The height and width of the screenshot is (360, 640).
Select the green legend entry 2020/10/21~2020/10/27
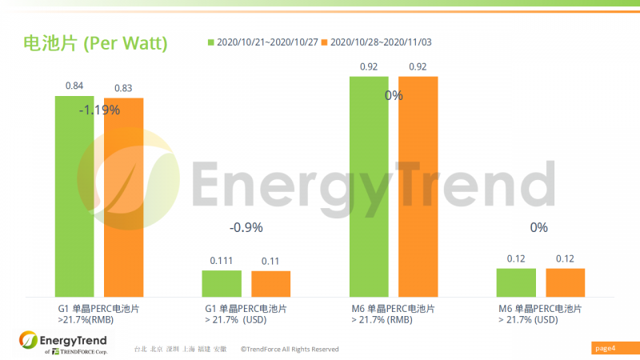pyautogui.click(x=259, y=42)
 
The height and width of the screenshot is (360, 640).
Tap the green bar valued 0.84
pyautogui.click(x=74, y=196)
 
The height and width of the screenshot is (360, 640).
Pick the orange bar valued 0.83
pyautogui.click(x=123, y=197)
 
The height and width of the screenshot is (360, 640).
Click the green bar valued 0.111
pyautogui.click(x=222, y=283)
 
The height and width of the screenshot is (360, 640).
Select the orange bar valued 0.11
pyautogui.click(x=270, y=284)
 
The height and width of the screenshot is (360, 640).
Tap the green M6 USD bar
pyautogui.click(x=516, y=282)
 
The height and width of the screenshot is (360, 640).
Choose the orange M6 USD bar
pyautogui.click(x=565, y=282)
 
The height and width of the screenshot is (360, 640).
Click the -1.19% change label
pyautogui.click(x=99, y=110)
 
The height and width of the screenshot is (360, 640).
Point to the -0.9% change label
pyautogui.click(x=246, y=228)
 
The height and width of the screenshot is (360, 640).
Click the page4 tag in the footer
pyautogui.click(x=606, y=348)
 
